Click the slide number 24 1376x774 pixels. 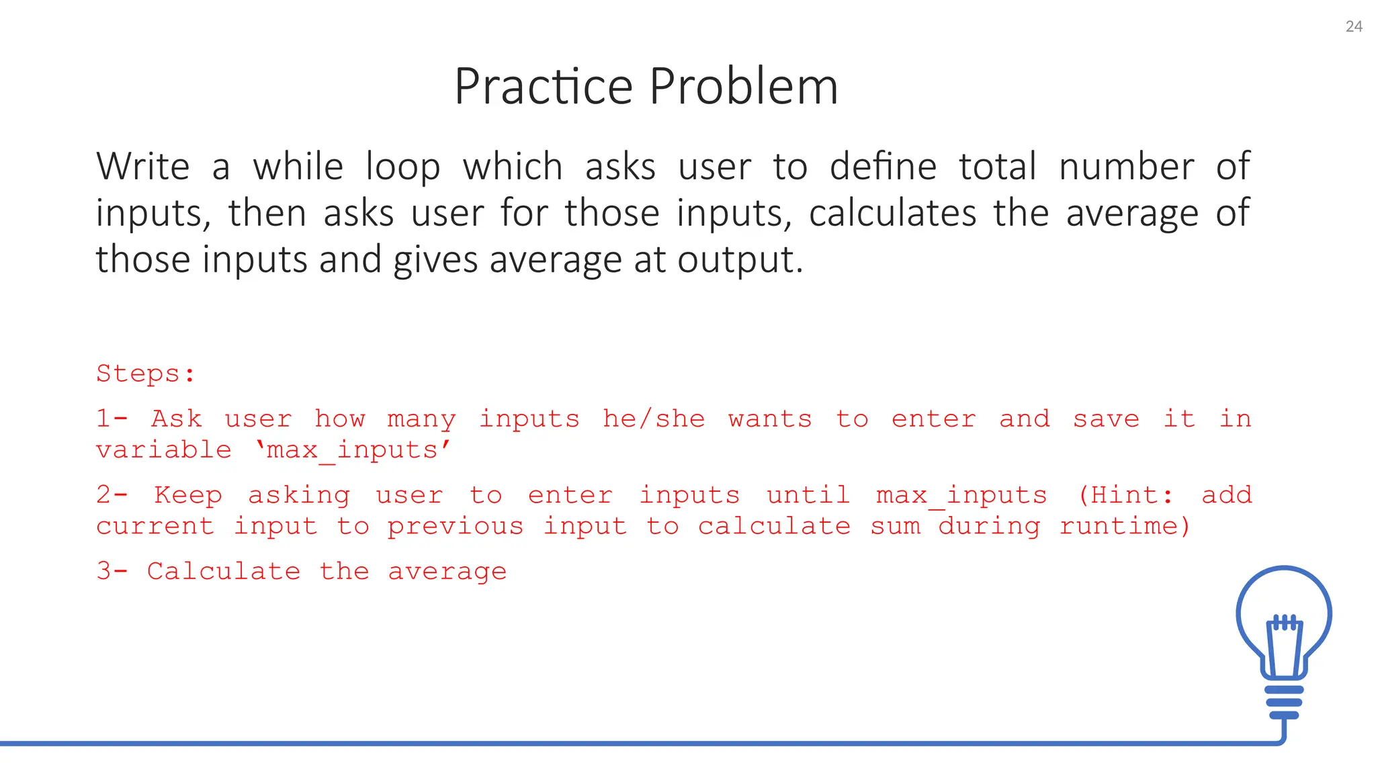coord(1353,27)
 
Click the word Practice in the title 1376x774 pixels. coord(543,87)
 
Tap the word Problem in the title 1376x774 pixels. coord(744,87)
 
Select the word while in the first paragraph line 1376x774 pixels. coord(298,167)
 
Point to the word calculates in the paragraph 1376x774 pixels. coord(892,214)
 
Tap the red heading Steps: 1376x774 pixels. coord(146,374)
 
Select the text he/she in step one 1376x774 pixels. coord(653,419)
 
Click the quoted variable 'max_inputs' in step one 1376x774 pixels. coord(353,450)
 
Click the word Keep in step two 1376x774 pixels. coord(187,495)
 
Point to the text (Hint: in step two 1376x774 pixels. coord(1125,495)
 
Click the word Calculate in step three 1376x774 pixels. coord(224,571)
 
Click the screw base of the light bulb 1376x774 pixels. coord(1284,702)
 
